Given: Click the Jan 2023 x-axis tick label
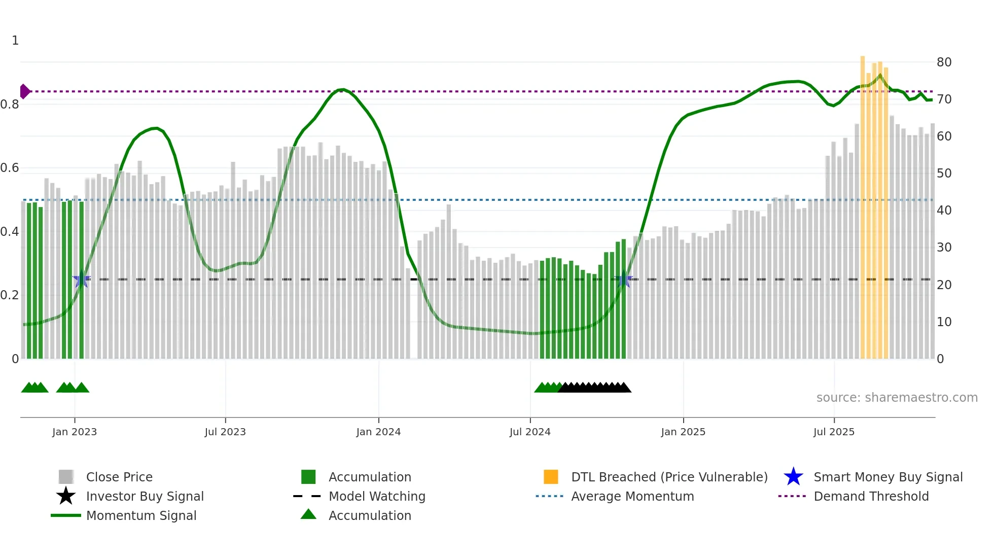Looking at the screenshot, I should click(x=75, y=432).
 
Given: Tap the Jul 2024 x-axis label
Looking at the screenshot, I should click(x=530, y=432).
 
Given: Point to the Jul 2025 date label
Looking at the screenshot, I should click(x=834, y=432).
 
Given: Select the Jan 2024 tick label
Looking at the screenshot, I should click(x=378, y=432).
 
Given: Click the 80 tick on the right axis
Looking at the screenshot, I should click(x=944, y=62).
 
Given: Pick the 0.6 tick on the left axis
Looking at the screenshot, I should click(x=10, y=168).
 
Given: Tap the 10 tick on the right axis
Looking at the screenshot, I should click(x=944, y=322).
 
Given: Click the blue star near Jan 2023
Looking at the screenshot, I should click(x=81, y=279).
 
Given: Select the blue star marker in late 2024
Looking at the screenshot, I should click(x=624, y=279).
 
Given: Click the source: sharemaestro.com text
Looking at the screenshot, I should click(x=897, y=398).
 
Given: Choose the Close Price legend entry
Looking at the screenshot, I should click(x=119, y=477).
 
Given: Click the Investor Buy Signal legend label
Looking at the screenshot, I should click(x=145, y=496).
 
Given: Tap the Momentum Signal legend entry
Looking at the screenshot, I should click(x=141, y=515).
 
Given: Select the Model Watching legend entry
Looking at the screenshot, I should click(x=377, y=496).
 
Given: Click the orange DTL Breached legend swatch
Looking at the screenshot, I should click(x=551, y=477).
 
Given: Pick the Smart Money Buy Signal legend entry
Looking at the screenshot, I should click(x=888, y=477).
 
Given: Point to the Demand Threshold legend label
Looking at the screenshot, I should click(x=871, y=496).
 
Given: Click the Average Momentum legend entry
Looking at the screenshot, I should click(x=632, y=496).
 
